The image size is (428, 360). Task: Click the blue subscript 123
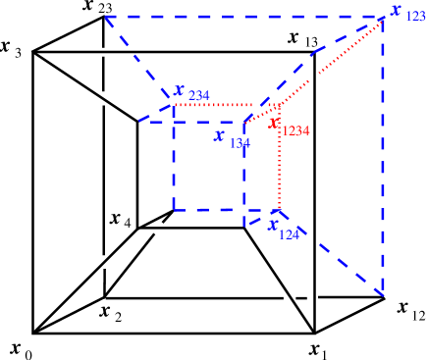click(415, 17)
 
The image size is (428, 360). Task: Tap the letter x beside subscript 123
click(396, 9)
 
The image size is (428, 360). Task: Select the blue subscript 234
click(198, 95)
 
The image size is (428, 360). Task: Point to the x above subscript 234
click(179, 89)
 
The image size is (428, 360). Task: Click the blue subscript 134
click(240, 143)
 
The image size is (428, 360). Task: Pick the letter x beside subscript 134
click(220, 135)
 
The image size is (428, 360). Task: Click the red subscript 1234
click(295, 130)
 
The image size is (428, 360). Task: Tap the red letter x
click(274, 123)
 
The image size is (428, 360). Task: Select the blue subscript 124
click(289, 234)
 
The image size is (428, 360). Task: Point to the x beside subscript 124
click(274, 223)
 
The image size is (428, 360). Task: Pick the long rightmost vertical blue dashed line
click(382, 157)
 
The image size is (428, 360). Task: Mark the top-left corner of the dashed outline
click(105, 17)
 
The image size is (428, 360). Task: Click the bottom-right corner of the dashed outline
click(382, 292)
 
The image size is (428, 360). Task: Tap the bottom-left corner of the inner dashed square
click(174, 209)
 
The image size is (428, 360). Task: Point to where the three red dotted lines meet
click(279, 104)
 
